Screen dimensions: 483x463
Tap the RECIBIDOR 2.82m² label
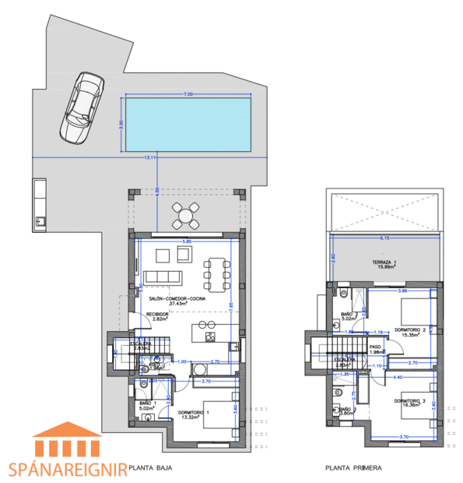[x=158, y=316]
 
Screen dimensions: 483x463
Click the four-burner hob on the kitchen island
[x=209, y=337]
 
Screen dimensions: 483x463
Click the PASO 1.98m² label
[x=374, y=350]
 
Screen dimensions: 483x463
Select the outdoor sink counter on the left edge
[x=39, y=205]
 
